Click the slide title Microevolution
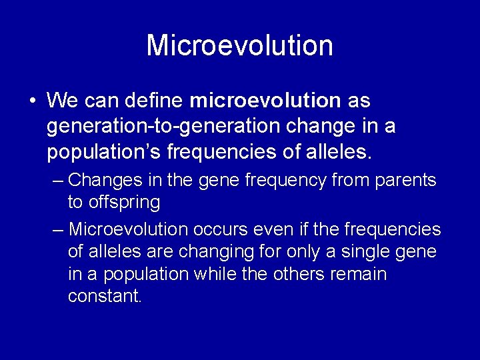click(239, 45)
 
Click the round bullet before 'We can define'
click(32, 101)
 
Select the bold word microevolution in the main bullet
click(265, 101)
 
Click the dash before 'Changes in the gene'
click(58, 180)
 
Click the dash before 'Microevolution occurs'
click(58, 230)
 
